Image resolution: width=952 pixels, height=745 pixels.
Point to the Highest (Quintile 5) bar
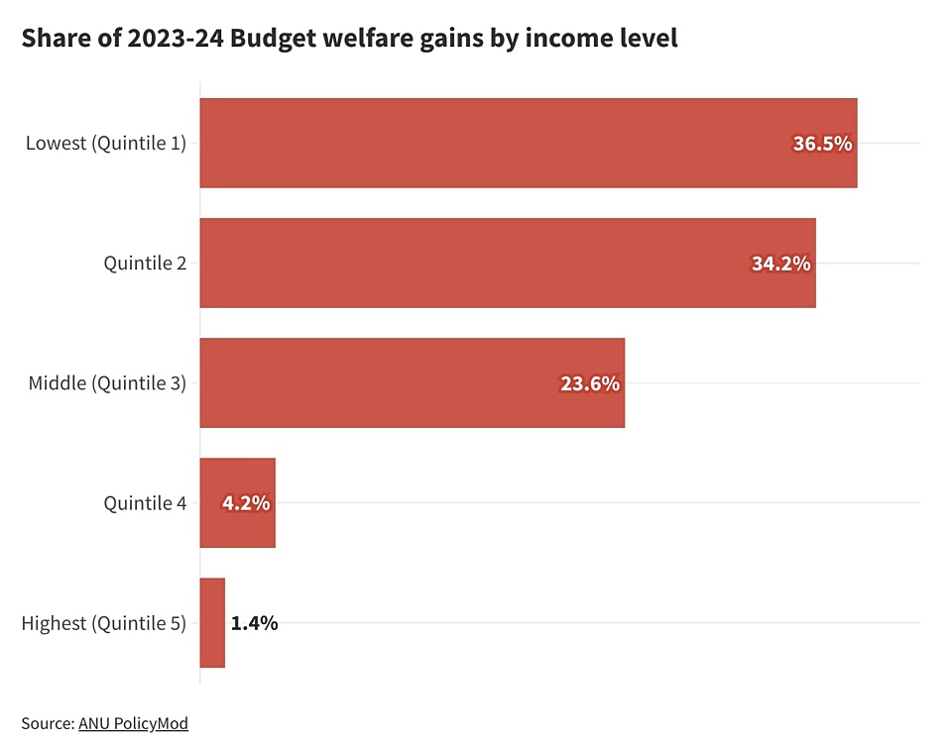pyautogui.click(x=212, y=623)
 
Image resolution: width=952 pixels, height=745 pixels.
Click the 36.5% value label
pyautogui.click(x=822, y=144)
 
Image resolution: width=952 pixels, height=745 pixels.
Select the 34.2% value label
pyautogui.click(x=780, y=264)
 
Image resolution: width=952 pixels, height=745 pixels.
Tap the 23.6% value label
pyautogui.click(x=590, y=383)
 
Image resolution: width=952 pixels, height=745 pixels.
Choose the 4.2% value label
pyautogui.click(x=246, y=503)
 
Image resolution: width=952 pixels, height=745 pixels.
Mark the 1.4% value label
pyautogui.click(x=254, y=623)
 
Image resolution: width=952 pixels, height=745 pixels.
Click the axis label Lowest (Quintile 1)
pyautogui.click(x=105, y=143)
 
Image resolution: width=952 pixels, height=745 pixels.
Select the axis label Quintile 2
pyautogui.click(x=145, y=263)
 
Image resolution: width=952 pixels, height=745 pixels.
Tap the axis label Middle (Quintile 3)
pyautogui.click(x=106, y=382)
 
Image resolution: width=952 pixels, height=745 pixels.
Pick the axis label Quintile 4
pyautogui.click(x=145, y=503)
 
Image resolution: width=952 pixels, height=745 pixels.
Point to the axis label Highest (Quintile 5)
pyautogui.click(x=103, y=623)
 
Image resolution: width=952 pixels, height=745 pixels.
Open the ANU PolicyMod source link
pyautogui.click(x=133, y=723)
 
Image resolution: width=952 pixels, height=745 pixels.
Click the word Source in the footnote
pyautogui.click(x=46, y=723)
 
